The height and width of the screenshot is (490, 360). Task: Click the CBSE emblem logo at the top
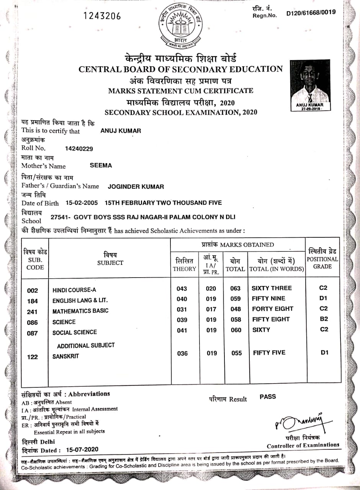pos(180,26)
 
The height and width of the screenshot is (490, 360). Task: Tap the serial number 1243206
pos(102,16)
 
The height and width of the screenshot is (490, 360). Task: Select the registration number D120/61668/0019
pos(311,13)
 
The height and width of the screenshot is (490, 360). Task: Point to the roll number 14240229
pos(79,149)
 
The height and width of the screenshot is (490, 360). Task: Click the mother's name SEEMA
pos(101,165)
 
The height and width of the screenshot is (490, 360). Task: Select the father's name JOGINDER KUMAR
pos(136,187)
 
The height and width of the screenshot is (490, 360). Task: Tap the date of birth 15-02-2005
pos(82,203)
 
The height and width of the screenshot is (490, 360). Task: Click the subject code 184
pos(33,301)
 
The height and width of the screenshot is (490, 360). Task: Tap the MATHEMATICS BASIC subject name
pos(80,311)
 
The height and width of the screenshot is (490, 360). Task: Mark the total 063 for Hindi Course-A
pos(236,289)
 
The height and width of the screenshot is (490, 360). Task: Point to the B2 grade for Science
pos(324,319)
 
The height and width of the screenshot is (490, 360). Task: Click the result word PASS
pos(268,397)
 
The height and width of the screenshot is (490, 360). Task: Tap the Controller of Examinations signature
pos(299,422)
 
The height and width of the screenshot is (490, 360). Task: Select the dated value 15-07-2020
pos(82,449)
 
